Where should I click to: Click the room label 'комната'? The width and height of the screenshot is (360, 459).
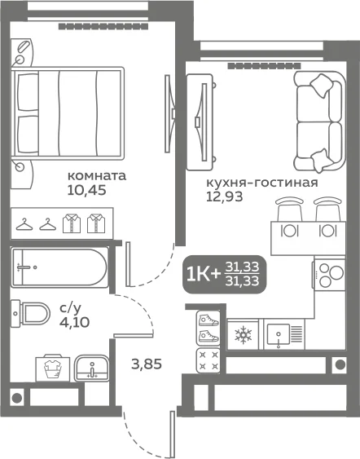pyautogui.click(x=97, y=176)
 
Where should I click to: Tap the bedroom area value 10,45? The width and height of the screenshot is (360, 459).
pyautogui.click(x=86, y=191)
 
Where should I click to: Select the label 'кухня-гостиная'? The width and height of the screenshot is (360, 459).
pyautogui.click(x=262, y=183)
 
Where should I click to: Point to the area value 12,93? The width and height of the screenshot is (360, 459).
pyautogui.click(x=225, y=196)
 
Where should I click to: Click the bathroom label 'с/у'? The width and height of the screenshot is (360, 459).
pyautogui.click(x=70, y=308)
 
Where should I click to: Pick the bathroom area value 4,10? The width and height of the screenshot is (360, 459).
pyautogui.click(x=75, y=322)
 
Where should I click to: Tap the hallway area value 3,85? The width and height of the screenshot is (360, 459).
pyautogui.click(x=147, y=364)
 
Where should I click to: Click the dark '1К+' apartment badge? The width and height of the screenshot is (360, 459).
pyautogui.click(x=225, y=274)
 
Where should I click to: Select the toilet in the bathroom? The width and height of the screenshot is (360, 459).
pyautogui.click(x=30, y=314)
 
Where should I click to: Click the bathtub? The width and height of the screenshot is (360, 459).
pyautogui.click(x=59, y=267)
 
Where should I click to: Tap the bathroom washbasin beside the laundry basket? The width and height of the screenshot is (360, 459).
pyautogui.click(x=92, y=369)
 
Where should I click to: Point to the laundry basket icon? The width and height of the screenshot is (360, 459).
pyautogui.click(x=53, y=368)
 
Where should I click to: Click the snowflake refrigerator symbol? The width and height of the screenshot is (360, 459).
pyautogui.click(x=243, y=334)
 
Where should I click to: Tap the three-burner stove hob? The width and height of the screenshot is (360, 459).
pyautogui.click(x=330, y=275)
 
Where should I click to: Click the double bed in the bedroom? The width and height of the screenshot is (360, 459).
pyautogui.click(x=68, y=113)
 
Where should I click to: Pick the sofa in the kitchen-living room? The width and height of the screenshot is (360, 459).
pyautogui.click(x=318, y=121)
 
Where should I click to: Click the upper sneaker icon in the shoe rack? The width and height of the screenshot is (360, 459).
pyautogui.click(x=209, y=320)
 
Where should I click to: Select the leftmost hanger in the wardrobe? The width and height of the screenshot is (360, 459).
pyautogui.click(x=24, y=224)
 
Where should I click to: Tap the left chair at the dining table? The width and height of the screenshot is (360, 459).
pyautogui.click(x=290, y=209)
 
